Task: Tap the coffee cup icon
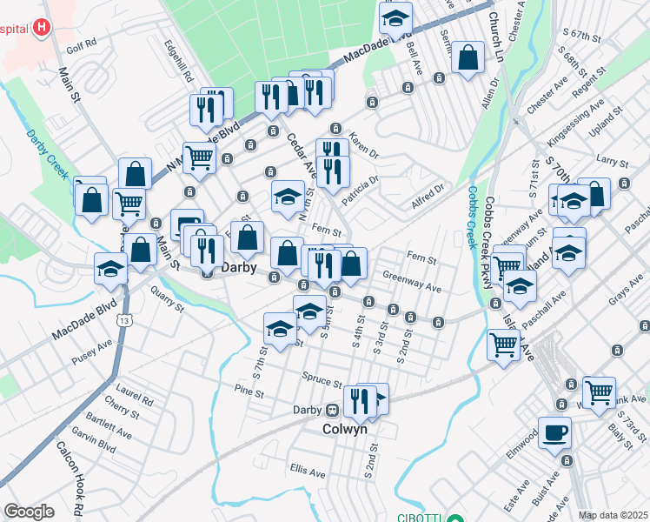pyautogui.click(x=554, y=432)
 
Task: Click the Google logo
pyautogui.click(x=29, y=512)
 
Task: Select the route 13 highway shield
pyautogui.click(x=127, y=321)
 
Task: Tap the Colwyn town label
pyautogui.click(x=345, y=429)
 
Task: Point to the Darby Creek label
pyautogui.click(x=47, y=154)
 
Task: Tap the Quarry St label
pyautogui.click(x=167, y=299)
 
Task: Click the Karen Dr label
pyautogui.click(x=364, y=144)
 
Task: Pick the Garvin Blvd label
pyautogui.click(x=95, y=444)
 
